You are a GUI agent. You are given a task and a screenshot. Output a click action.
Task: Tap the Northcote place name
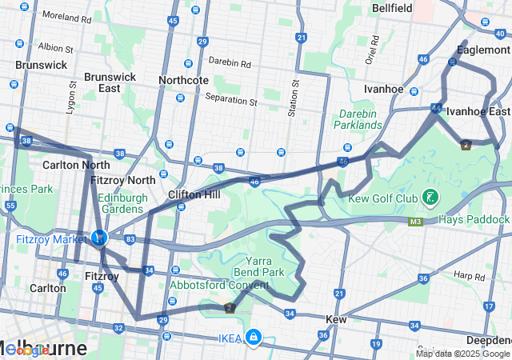183,80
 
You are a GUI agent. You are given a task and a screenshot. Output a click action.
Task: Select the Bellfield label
392,8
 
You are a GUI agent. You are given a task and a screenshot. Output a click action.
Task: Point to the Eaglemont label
482,50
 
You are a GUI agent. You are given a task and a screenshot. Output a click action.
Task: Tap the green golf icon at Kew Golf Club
430,197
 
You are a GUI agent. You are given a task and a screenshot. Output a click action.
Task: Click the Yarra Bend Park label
265,266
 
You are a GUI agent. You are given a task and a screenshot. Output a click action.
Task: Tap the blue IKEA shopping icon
254,337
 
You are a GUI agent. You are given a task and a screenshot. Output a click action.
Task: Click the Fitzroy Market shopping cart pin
99,238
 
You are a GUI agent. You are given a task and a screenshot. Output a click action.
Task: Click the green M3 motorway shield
415,222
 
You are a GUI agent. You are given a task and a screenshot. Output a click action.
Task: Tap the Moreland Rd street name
66,16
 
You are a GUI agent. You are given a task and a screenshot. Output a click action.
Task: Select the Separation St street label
230,102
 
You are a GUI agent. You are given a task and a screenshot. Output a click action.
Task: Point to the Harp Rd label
470,276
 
